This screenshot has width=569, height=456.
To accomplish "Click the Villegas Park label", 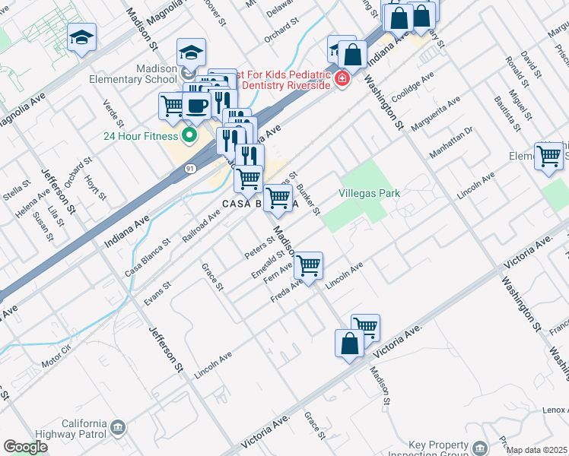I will coord(370,194).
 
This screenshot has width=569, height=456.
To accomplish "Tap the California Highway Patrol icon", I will coord(117,429).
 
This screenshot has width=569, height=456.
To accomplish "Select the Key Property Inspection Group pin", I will coord(479,447).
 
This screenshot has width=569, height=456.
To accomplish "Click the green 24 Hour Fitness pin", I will coord(189,137).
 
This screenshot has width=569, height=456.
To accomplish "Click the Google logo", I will coord(25,447).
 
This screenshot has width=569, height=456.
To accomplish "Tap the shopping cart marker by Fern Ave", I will coord(308,265).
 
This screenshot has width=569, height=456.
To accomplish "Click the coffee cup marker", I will coord(196,106).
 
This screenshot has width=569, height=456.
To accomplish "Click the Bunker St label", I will coord(308,199).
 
